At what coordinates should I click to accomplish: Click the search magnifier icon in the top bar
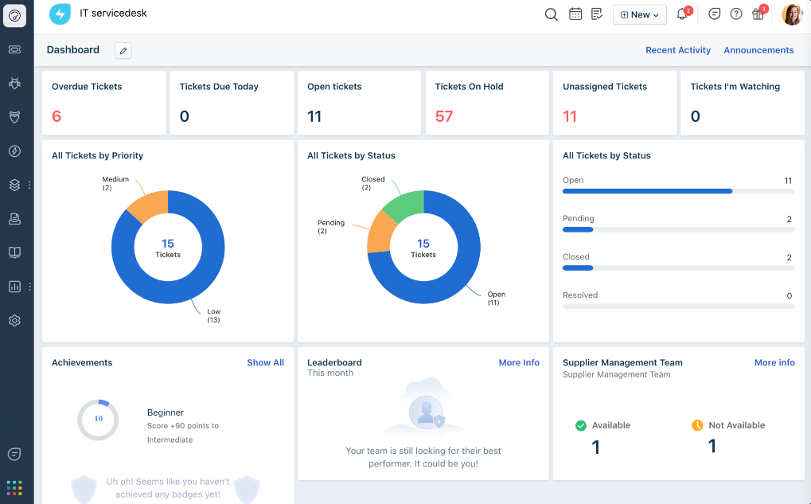point(551,14)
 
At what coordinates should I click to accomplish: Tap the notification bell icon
point(682,14)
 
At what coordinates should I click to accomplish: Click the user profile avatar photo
point(792,14)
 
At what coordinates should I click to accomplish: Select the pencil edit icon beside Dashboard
point(123,50)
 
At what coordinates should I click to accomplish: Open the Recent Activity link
point(677,50)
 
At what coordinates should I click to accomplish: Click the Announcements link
point(758,50)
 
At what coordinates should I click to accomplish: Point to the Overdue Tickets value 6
point(57,116)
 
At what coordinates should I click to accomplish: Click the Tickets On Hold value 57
point(444,116)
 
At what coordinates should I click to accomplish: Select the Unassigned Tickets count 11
point(570,116)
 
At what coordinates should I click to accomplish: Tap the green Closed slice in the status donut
point(404,205)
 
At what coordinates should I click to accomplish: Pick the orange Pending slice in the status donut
point(380,232)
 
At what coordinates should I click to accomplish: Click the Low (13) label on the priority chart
point(213,315)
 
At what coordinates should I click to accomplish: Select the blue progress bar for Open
point(647,191)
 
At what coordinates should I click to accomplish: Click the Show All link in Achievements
point(265,362)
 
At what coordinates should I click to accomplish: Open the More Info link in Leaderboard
point(519,362)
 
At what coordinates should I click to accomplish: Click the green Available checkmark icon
point(581,425)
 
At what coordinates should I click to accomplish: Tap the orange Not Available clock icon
point(697,425)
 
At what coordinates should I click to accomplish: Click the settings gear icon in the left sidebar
point(14,320)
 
